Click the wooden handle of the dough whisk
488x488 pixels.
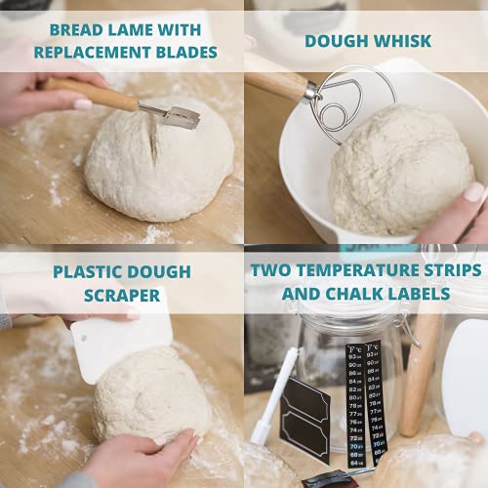(279, 83)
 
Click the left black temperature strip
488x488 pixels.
(355, 400)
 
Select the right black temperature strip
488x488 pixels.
(375, 400)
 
